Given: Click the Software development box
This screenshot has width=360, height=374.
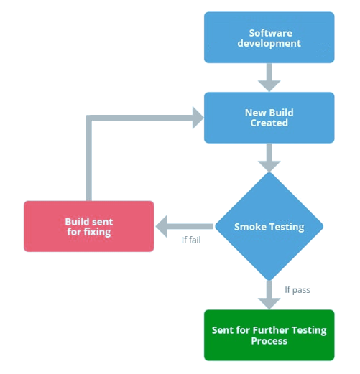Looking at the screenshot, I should [269, 38].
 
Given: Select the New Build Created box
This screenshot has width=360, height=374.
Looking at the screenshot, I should [269, 118].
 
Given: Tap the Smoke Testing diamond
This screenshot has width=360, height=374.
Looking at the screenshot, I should [269, 227].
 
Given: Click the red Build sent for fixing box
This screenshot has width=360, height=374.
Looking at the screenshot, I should [88, 227].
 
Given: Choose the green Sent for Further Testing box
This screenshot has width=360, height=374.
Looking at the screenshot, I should [269, 335].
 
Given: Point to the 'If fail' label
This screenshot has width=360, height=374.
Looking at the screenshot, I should [190, 240].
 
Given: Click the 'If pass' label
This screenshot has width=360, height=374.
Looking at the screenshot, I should [297, 290].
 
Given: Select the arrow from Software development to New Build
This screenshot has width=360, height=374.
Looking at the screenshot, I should [269, 78].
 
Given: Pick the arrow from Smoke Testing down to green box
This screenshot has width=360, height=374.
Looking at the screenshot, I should [269, 293].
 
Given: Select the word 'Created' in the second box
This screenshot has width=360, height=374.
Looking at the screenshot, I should [269, 123].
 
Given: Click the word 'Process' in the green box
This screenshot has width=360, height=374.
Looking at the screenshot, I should [269, 340].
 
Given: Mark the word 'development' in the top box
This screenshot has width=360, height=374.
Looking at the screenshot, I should [269, 43].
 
